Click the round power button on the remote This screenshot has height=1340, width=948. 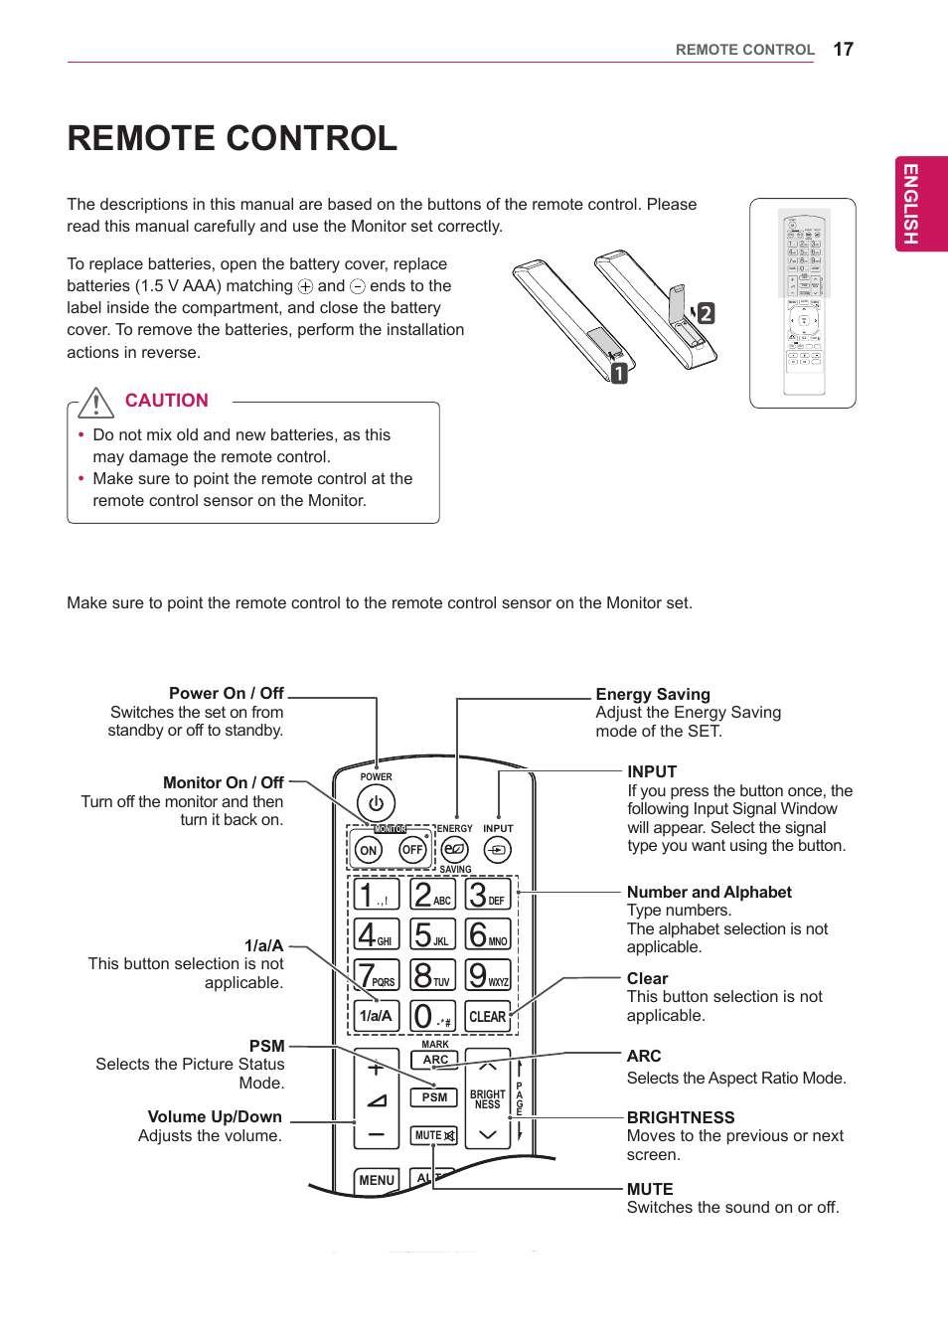[x=376, y=803]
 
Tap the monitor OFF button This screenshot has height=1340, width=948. [x=412, y=850]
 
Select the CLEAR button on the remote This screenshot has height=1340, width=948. [x=487, y=1016]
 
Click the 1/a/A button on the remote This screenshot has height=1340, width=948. [x=376, y=1016]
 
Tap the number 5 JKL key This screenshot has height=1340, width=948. [x=432, y=934]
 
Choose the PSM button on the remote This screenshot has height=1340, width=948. [x=434, y=1097]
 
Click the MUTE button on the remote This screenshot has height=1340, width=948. [x=434, y=1135]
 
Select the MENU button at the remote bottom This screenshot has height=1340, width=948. [x=377, y=1180]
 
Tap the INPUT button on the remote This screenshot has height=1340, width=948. [x=497, y=850]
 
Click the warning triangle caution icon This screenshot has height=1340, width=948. [x=96, y=403]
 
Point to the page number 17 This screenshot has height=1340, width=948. [x=843, y=50]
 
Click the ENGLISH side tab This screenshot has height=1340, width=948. [x=921, y=204]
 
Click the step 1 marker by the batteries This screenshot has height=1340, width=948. [x=619, y=374]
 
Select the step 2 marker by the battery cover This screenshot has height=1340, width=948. [x=706, y=313]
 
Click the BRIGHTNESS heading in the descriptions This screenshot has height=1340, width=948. [x=681, y=1117]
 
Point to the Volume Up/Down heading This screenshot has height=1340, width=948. [x=215, y=1116]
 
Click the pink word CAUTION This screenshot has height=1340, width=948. [x=166, y=401]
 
